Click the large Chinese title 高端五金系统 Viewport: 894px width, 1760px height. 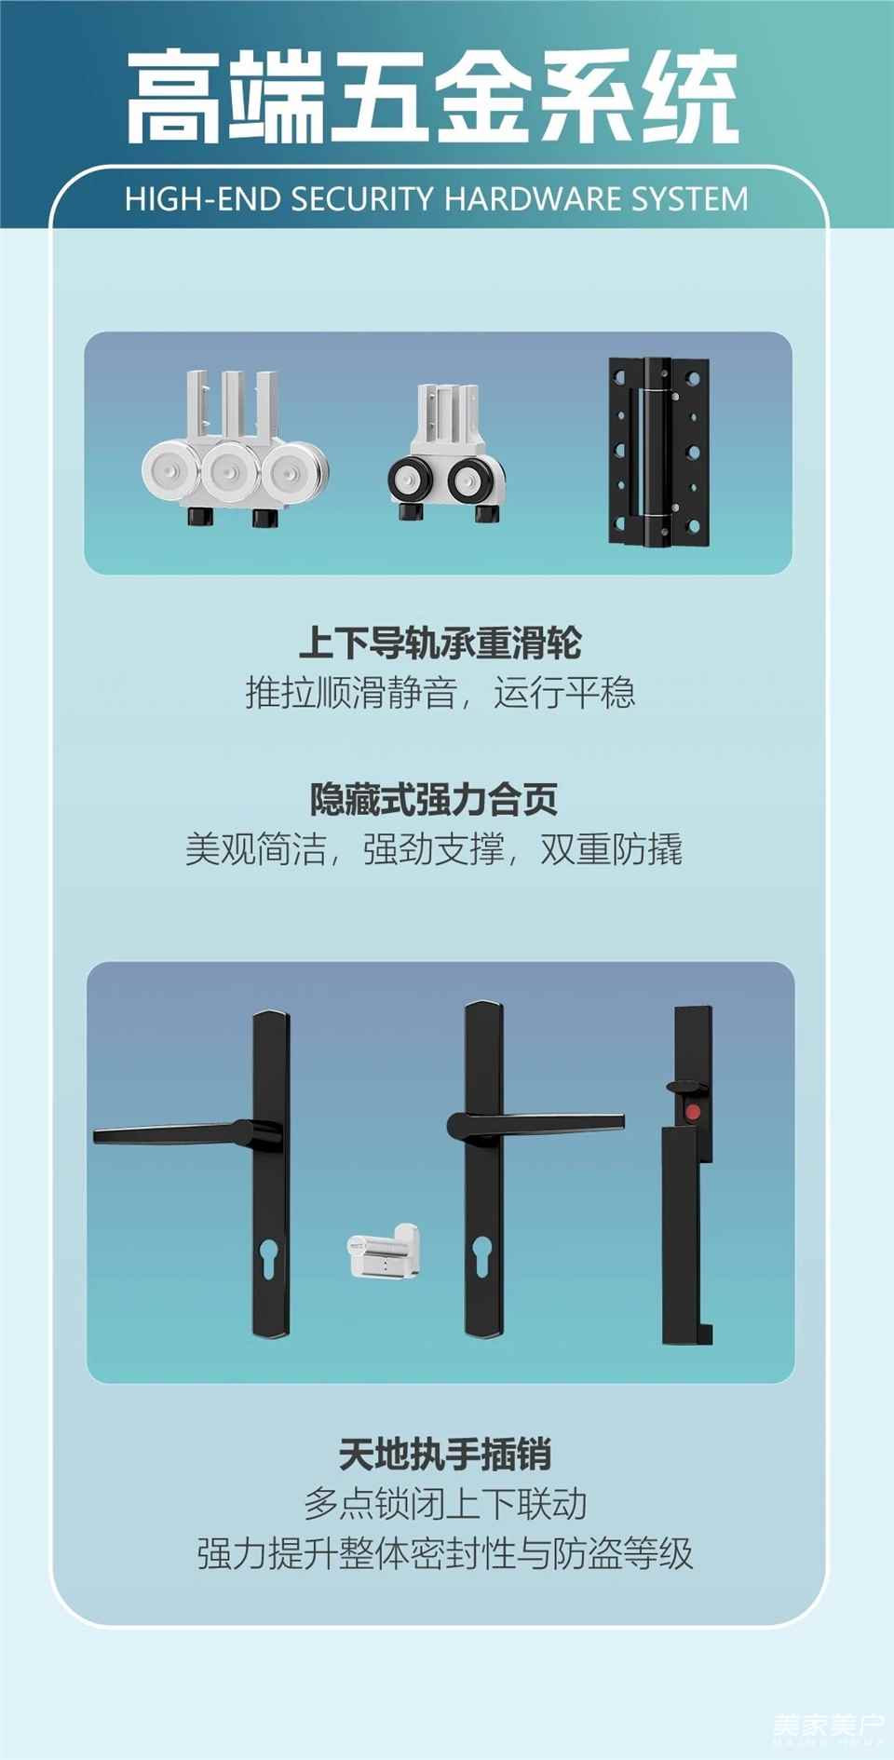(433, 97)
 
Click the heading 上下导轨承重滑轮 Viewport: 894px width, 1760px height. (440, 643)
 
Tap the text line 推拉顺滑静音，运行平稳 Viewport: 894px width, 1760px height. (440, 693)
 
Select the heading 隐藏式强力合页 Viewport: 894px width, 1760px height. (434, 799)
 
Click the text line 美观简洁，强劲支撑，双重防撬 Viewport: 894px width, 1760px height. (434, 849)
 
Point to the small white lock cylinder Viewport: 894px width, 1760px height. (383, 1251)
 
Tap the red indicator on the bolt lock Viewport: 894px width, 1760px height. (692, 1112)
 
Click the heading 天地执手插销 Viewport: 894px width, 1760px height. (445, 1454)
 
